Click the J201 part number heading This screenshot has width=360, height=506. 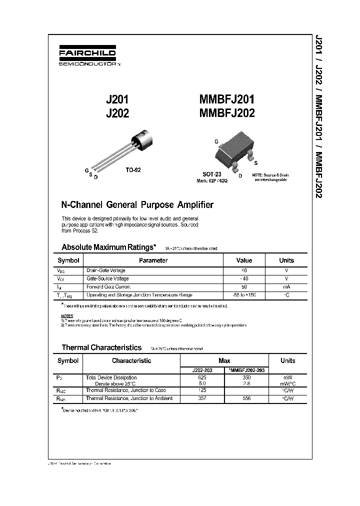click(118, 99)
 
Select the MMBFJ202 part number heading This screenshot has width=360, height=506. click(227, 113)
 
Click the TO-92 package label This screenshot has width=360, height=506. click(133, 169)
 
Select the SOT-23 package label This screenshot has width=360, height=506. click(212, 174)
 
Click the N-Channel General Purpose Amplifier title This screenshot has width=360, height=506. click(136, 204)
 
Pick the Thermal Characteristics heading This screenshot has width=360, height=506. click(101, 347)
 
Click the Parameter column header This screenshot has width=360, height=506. click(153, 260)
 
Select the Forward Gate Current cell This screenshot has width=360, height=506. click(108, 287)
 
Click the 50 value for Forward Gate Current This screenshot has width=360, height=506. click(244, 287)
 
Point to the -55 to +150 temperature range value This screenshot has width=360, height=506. click(244, 295)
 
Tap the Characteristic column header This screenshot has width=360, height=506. click(131, 360)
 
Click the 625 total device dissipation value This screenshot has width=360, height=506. click(201, 377)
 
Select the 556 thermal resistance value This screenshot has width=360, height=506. click(246, 398)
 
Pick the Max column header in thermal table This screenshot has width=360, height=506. click(224, 360)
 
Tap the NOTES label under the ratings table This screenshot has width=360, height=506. click(67, 316)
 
